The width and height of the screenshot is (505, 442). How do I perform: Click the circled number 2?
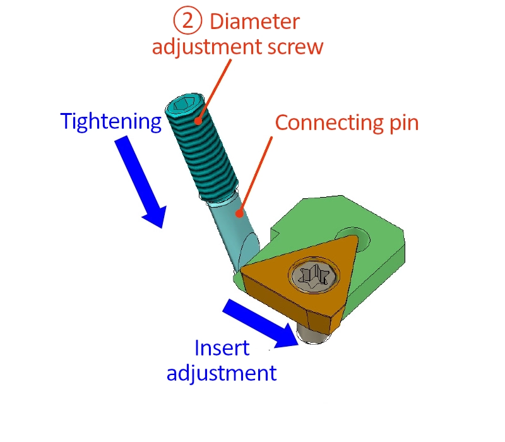coord(187,21)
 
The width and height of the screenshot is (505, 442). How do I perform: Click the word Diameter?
coord(255,22)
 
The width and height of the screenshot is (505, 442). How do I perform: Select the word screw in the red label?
coord(295,47)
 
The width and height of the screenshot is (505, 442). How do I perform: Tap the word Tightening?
coord(111,122)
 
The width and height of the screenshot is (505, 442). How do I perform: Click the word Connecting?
coord(329,123)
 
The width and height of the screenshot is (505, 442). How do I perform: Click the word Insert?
coord(222,349)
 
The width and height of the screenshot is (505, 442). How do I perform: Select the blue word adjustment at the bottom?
coord(222,373)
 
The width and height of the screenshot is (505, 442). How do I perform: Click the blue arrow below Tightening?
coord(141,182)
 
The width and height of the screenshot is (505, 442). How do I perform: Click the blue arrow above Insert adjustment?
coord(261,323)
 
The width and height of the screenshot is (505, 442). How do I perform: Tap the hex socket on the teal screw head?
coord(184,104)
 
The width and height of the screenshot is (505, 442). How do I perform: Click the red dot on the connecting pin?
coord(239,213)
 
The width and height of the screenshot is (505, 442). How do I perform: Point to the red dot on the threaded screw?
coord(198,121)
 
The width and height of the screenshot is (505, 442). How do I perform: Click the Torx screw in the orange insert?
coord(314,277)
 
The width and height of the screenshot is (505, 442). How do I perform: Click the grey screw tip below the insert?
coord(312,336)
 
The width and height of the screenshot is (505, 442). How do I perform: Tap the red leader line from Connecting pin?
coord(256,175)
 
